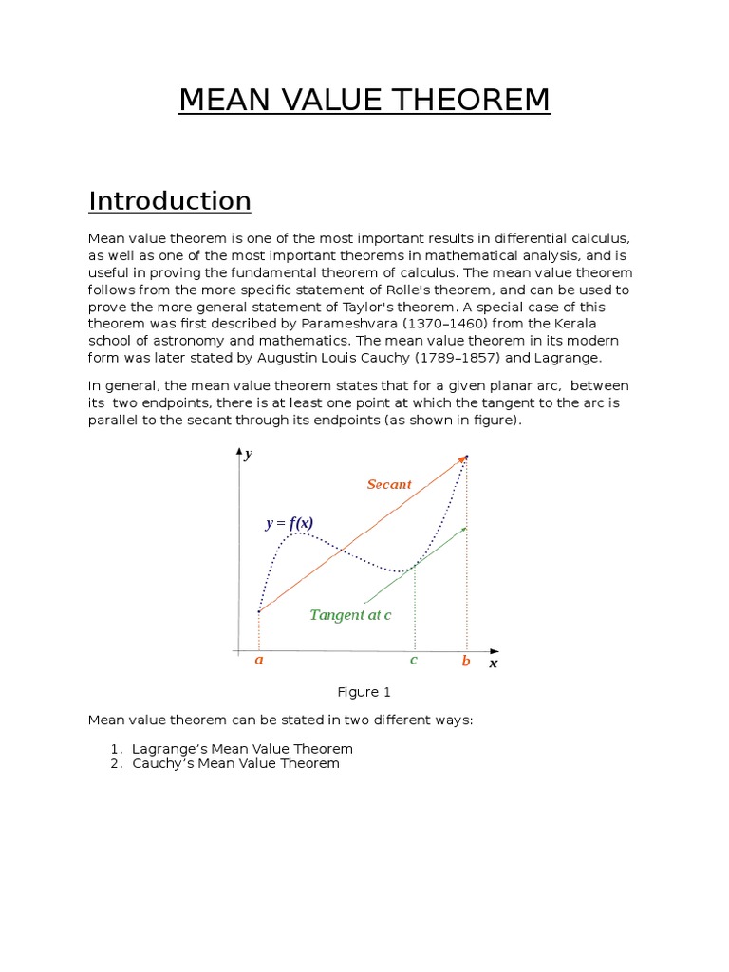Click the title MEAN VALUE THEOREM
click(x=364, y=100)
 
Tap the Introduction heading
click(x=170, y=201)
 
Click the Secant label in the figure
click(x=389, y=485)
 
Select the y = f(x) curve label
click(x=289, y=523)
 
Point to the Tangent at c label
click(x=350, y=615)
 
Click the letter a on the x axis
click(x=258, y=661)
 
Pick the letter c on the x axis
click(x=414, y=660)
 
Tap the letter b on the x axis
click(x=466, y=662)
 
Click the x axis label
click(x=494, y=664)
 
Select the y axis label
click(x=248, y=455)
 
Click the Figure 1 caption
click(x=364, y=692)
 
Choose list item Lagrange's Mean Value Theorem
click(x=243, y=749)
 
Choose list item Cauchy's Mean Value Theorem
click(x=236, y=763)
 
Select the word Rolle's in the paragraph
click(x=446, y=290)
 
